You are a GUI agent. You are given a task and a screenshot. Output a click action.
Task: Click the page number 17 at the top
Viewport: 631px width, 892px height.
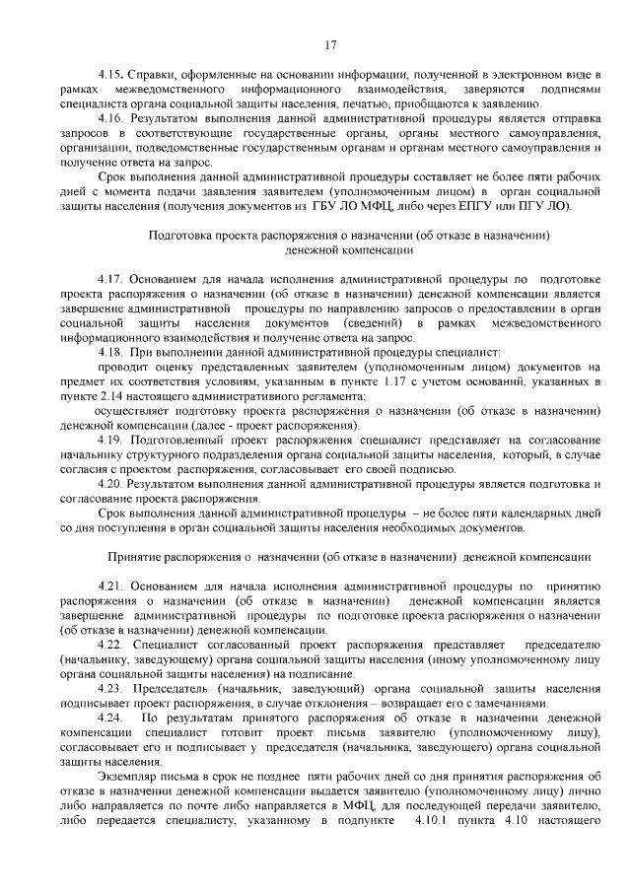(330, 43)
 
